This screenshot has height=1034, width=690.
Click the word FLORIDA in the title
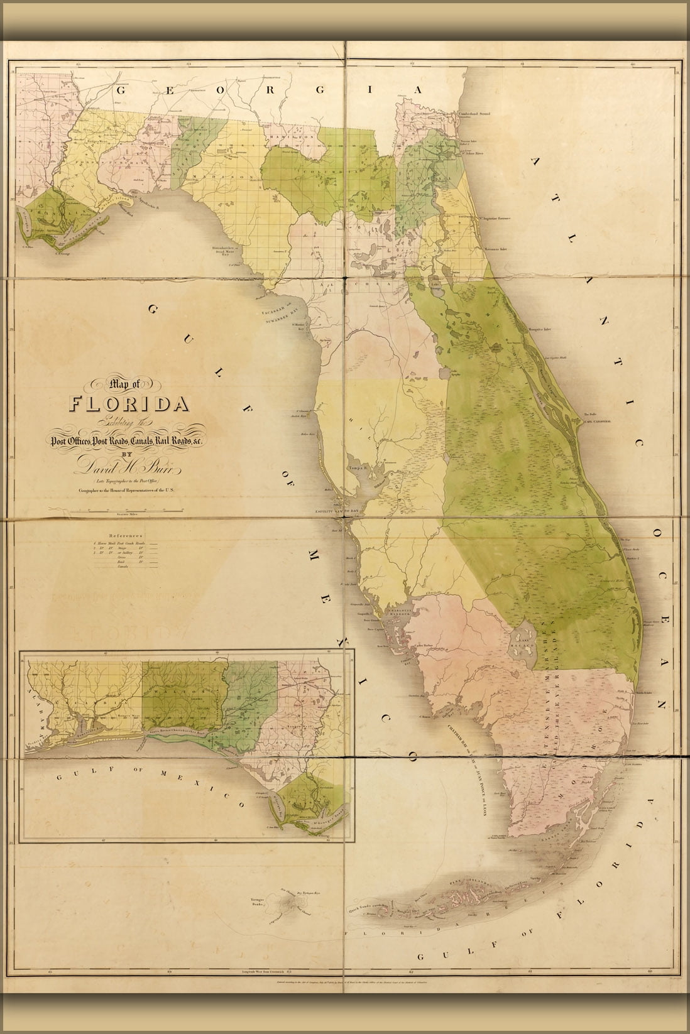[131, 402]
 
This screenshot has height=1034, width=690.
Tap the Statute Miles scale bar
[122, 513]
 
